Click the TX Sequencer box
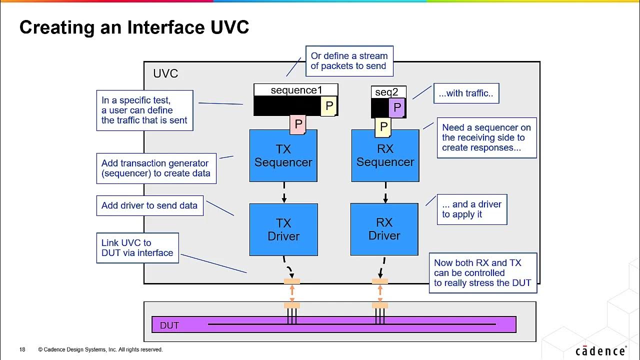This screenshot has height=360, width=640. click(x=283, y=156)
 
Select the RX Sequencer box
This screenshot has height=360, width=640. click(x=385, y=156)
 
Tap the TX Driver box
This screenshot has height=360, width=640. click(x=283, y=229)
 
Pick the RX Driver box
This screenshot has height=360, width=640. click(x=384, y=229)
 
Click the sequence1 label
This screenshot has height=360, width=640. click(x=296, y=90)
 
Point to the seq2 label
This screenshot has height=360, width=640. click(x=386, y=92)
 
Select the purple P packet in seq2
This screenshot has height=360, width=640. click(x=396, y=107)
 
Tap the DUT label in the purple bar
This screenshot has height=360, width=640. click(x=169, y=325)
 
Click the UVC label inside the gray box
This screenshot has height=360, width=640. click(x=165, y=74)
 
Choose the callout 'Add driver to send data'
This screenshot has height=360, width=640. click(x=149, y=205)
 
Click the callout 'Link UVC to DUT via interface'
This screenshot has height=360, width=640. click(x=137, y=248)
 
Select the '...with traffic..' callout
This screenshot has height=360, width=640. click(x=466, y=93)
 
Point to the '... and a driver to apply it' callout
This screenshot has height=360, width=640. click(x=471, y=209)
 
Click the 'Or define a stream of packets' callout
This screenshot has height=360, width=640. click(x=349, y=61)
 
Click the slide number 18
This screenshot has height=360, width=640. click(x=22, y=349)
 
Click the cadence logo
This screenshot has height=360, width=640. click(x=600, y=351)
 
